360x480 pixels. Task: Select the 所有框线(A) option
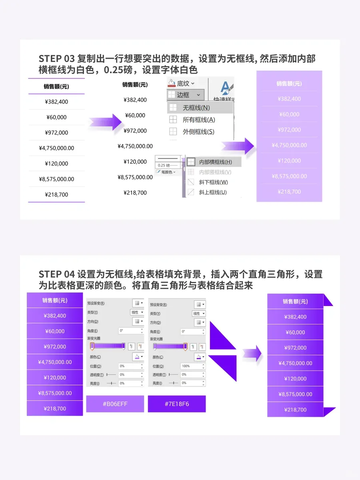pos(198,120)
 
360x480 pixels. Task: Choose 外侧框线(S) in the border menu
pos(198,132)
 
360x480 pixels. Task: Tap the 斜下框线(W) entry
pos(213,182)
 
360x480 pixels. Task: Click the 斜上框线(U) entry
pos(212,192)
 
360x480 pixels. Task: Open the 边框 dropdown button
pos(185,95)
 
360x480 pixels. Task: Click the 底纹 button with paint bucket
pos(181,83)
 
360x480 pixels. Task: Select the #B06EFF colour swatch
pos(115,404)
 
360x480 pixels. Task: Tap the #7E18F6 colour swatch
pos(177,404)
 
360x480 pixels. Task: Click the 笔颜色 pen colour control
pos(166,172)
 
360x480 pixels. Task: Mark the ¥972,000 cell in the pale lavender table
pos(289,130)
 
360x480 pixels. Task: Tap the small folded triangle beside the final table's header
pos(328,300)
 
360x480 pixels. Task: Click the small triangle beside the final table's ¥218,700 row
pos(329,411)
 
